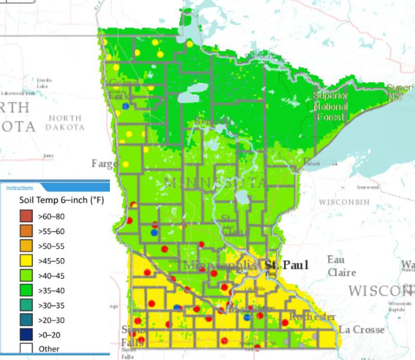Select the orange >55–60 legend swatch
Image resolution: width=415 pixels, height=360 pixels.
[26, 230]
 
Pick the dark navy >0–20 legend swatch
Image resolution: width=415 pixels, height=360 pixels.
[26, 334]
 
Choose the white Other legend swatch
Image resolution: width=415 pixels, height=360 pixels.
[26, 349]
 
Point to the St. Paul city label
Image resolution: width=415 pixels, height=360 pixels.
[286, 265]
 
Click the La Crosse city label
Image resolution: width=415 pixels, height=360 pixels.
[361, 329]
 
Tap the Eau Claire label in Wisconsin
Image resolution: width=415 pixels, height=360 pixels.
[342, 266]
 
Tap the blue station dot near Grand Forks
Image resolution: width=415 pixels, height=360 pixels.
[125, 106]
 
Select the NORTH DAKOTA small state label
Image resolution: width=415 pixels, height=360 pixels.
[64, 122]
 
